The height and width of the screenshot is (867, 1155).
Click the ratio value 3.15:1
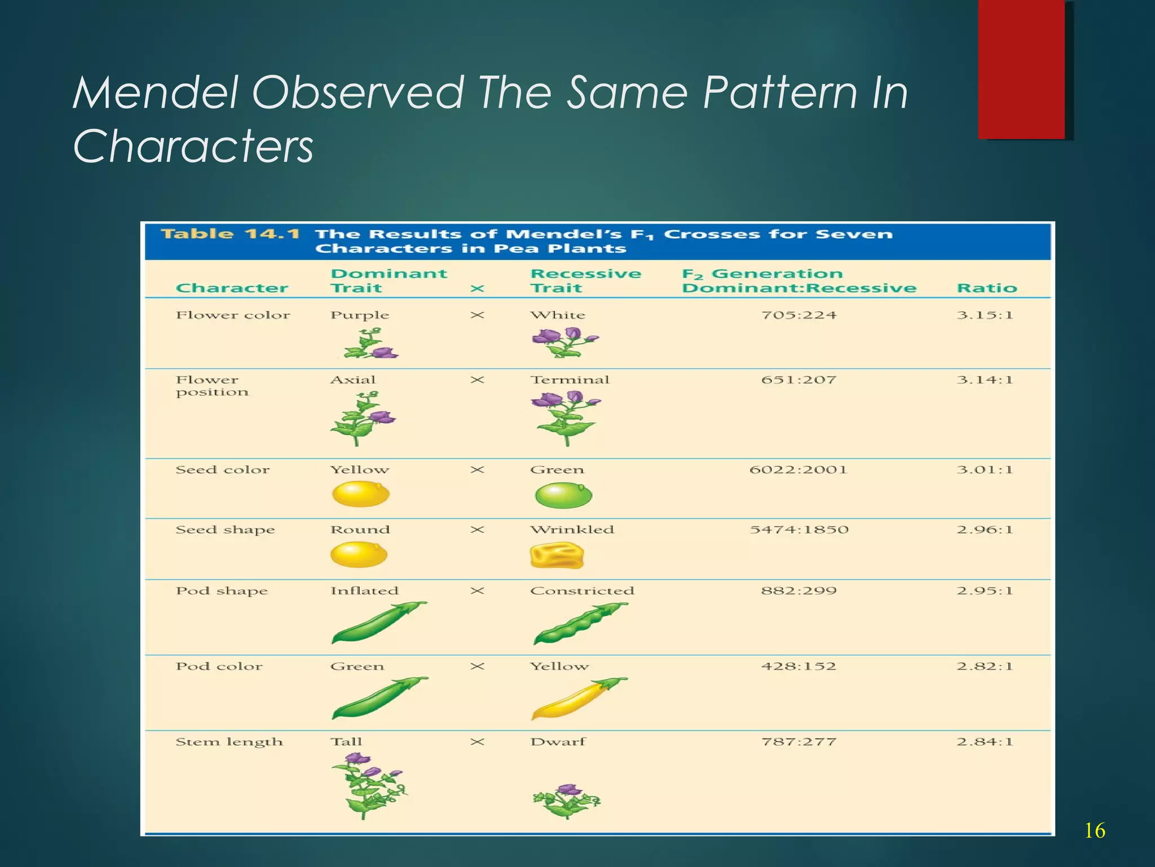click(x=985, y=315)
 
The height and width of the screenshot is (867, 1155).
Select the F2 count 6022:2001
click(x=798, y=470)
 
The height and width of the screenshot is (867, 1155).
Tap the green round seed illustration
click(x=563, y=496)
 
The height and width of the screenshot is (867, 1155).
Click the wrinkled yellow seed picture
click(x=557, y=555)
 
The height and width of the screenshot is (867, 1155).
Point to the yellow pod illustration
click(x=577, y=699)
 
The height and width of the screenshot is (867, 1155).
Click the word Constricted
click(x=582, y=591)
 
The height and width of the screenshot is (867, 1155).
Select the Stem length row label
click(x=229, y=742)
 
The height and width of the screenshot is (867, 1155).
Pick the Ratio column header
click(x=986, y=288)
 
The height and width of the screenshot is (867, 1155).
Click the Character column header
click(x=232, y=288)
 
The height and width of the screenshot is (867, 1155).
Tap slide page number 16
click(x=1094, y=831)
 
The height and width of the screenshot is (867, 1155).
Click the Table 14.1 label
click(x=230, y=234)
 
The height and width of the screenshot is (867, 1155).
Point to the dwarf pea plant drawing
click(x=566, y=800)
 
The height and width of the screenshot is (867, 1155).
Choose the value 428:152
click(x=798, y=667)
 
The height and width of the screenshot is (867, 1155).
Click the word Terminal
click(x=570, y=380)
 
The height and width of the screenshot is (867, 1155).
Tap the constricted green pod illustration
click(x=580, y=623)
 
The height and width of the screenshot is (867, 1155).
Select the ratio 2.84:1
click(x=985, y=742)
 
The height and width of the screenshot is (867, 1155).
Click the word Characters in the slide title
click(x=193, y=146)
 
